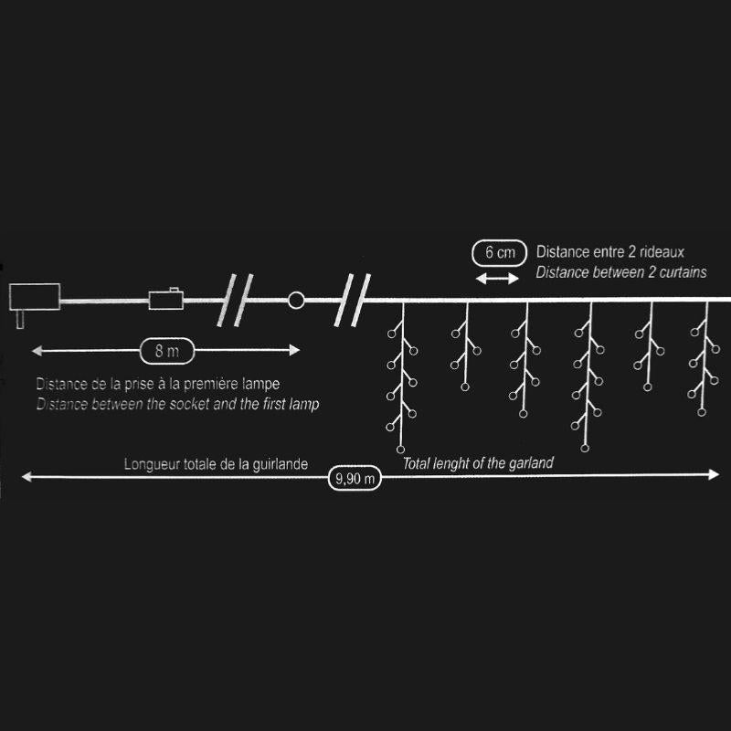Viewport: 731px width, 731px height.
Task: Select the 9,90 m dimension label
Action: tap(355, 477)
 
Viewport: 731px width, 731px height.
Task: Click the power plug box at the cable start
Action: tap(34, 297)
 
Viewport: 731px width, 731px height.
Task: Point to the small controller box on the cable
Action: tap(166, 299)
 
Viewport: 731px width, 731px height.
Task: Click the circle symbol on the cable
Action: tap(296, 299)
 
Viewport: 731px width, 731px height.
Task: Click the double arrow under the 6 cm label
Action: tap(498, 277)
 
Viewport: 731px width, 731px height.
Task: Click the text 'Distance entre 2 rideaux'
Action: tap(610, 251)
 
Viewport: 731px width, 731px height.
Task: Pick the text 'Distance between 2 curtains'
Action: tap(621, 273)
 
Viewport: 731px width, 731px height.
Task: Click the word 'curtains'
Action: tap(681, 273)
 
